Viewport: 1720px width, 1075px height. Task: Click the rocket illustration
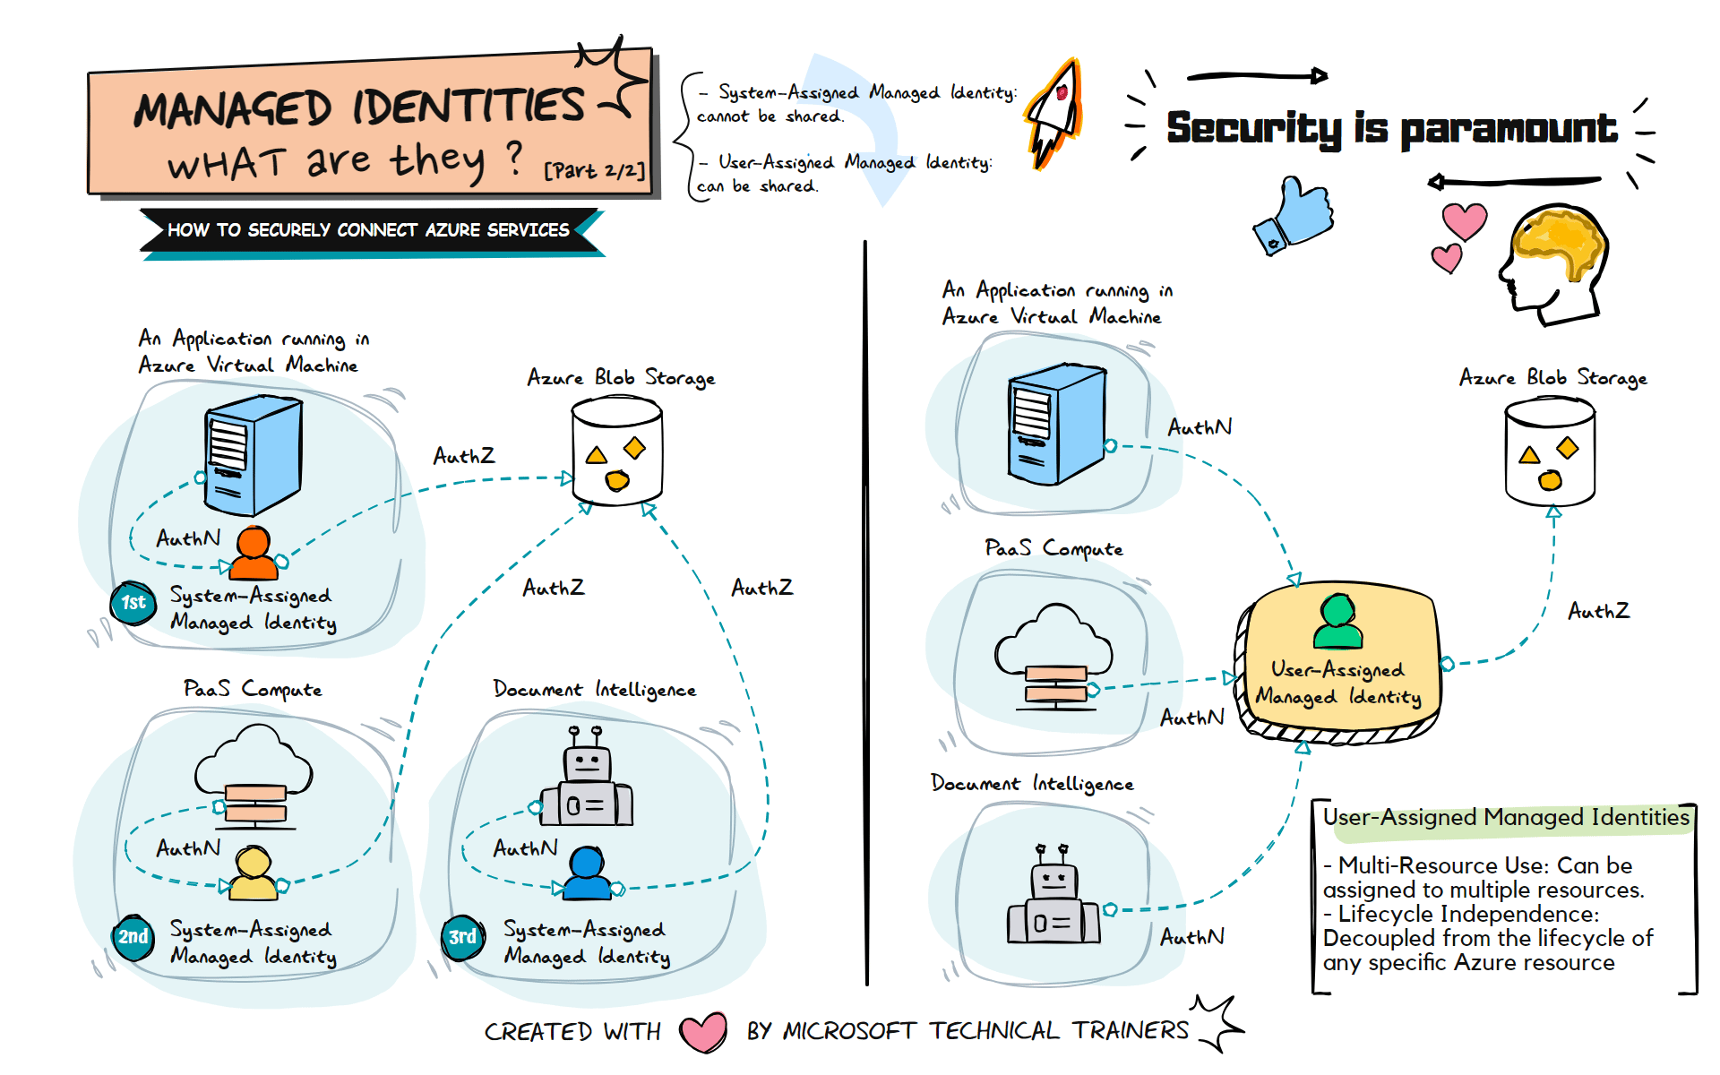1056,113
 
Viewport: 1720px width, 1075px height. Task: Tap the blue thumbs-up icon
1295,216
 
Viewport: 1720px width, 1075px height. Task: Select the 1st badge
133,602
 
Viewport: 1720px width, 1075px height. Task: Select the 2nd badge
133,937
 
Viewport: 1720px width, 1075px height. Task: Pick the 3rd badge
462,937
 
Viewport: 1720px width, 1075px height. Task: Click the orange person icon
254,553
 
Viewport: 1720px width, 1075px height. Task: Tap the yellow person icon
254,873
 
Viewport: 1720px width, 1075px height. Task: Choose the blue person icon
588,873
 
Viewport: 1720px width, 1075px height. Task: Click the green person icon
1337,622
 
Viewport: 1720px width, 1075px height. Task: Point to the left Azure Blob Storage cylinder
616,452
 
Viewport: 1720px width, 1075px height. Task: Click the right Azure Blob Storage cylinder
1550,452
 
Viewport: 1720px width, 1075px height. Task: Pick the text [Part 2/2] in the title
594,169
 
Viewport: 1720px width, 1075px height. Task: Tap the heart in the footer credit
703,1032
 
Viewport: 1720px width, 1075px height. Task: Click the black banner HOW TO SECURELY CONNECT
368,230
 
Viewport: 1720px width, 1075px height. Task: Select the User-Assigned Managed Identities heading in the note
1506,817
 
